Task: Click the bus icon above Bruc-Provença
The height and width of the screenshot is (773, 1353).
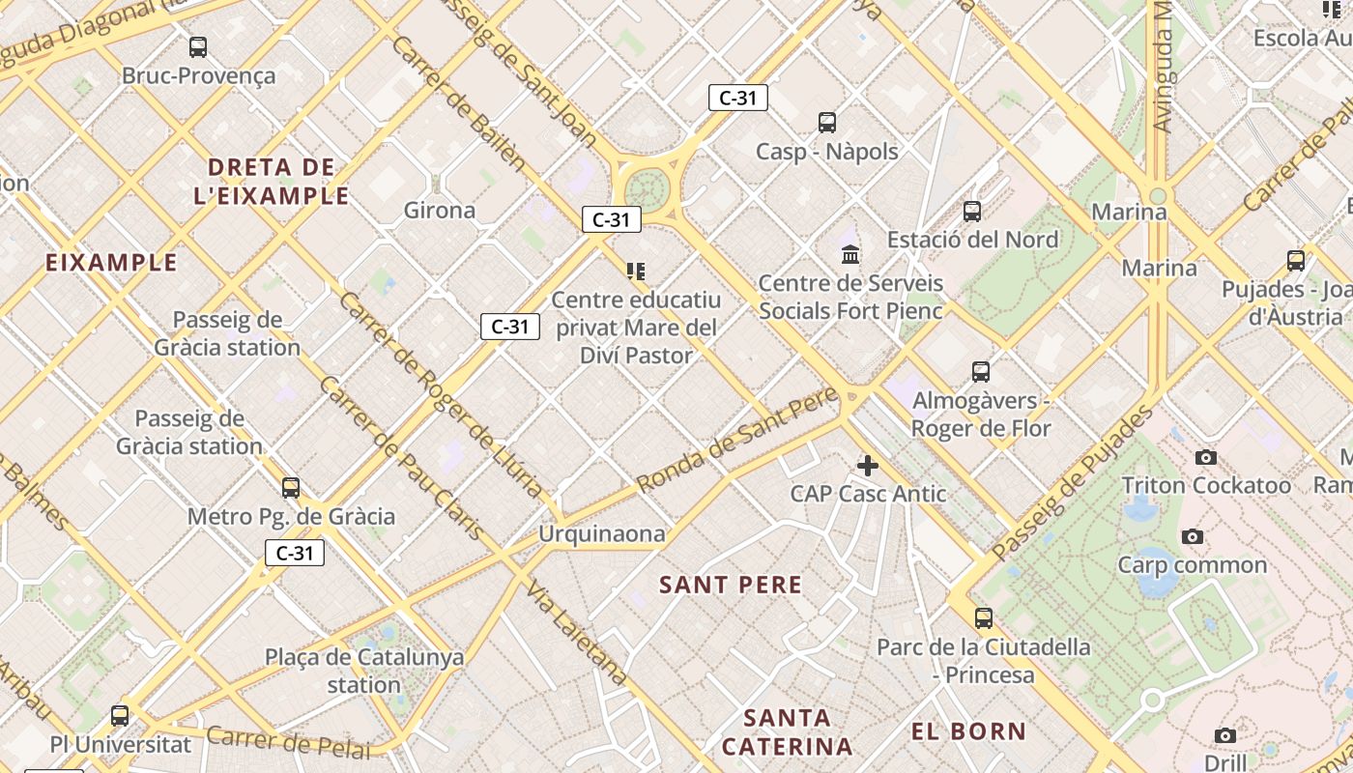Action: tap(198, 46)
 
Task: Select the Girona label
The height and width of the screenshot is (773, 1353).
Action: tap(440, 210)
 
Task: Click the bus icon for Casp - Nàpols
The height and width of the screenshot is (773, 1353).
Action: tap(827, 123)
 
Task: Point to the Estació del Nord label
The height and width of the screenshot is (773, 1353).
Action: tap(972, 240)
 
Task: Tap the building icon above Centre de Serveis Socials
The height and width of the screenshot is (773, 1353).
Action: tap(851, 254)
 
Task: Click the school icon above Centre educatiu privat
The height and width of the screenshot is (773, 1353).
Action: tap(636, 271)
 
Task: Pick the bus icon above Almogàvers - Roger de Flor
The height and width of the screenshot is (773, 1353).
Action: tap(981, 372)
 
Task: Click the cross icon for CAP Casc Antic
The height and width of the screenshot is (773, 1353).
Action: tap(868, 466)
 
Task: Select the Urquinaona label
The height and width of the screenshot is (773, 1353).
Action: tap(602, 533)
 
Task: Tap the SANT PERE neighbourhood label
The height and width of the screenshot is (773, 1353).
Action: tap(731, 585)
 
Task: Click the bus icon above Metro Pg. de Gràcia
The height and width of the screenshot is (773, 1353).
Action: tap(291, 488)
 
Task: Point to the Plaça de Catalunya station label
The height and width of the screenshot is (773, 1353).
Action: tap(364, 671)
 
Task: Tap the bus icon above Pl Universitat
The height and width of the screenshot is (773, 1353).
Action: tap(120, 716)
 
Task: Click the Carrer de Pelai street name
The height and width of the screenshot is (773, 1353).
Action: tap(288, 742)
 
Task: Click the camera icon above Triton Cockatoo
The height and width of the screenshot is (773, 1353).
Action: tap(1206, 457)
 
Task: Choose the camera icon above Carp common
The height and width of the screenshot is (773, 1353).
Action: tap(1193, 536)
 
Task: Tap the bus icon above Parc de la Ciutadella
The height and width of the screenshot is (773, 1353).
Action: tap(984, 618)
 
